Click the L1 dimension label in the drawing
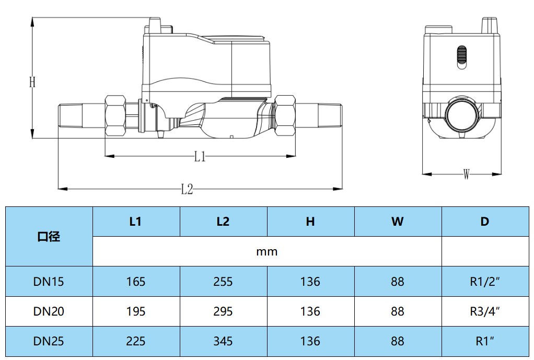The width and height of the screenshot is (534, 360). click(200, 156)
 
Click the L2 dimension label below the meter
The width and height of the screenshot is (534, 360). click(187, 189)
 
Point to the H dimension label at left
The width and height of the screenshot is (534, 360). click(32, 82)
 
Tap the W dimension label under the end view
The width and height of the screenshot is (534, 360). click(466, 174)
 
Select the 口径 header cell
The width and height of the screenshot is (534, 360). click(49, 236)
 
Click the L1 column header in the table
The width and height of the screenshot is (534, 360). click(135, 222)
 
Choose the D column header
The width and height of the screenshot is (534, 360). click(484, 222)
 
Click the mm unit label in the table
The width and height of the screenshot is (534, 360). click(266, 252)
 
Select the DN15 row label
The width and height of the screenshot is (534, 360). click(49, 282)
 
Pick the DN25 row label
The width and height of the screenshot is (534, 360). click(49, 341)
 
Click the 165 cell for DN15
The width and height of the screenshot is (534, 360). click(135, 282)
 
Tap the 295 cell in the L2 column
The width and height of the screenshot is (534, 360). click(223, 311)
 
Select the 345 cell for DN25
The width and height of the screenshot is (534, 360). click(223, 341)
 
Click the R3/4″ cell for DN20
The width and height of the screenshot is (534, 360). click(484, 311)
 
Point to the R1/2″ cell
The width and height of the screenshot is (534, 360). click(484, 282)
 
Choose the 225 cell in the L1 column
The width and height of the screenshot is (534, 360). click(135, 341)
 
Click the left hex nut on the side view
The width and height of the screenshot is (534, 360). click(115, 116)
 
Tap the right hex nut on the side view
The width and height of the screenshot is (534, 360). click(285, 116)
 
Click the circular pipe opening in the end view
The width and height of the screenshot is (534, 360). click(462, 115)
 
